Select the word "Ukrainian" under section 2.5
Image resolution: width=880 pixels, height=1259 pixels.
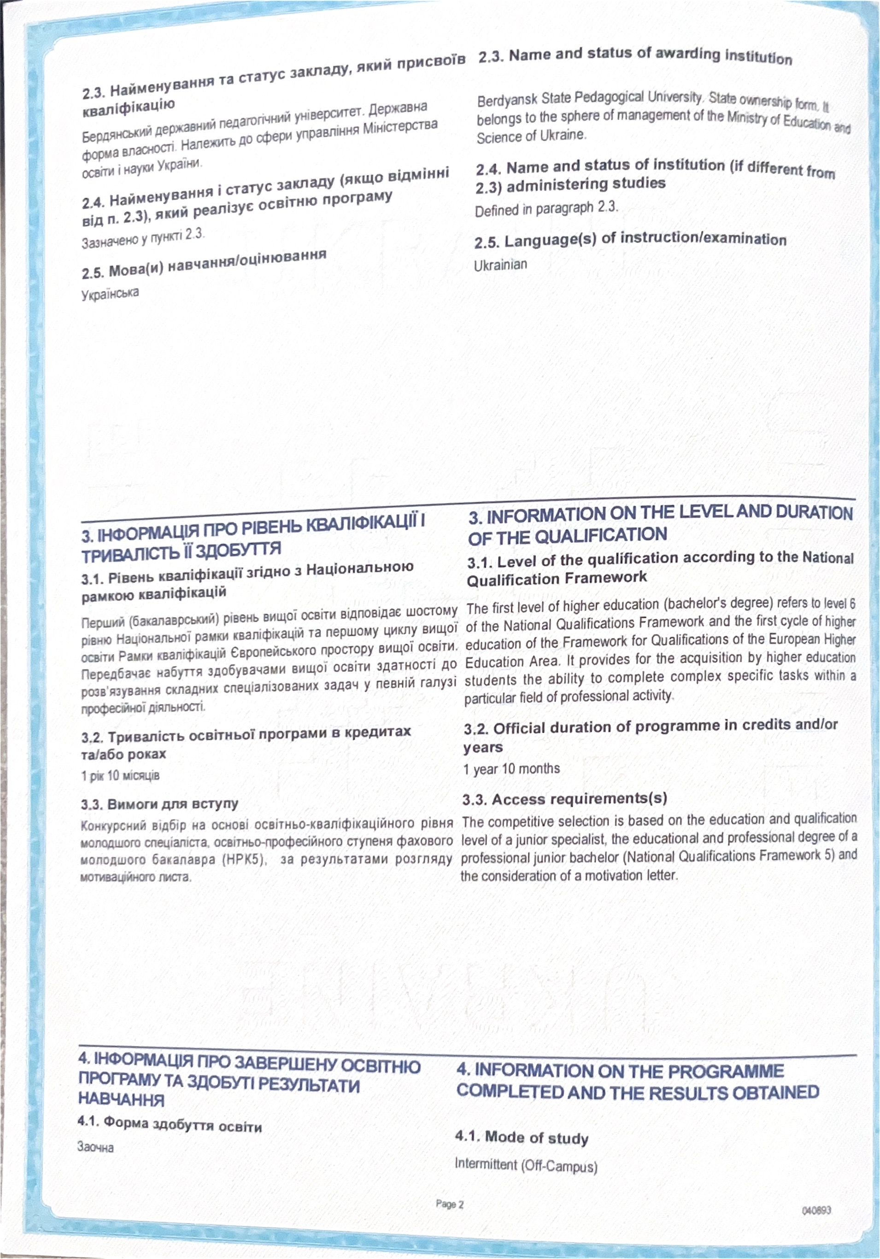click(x=500, y=265)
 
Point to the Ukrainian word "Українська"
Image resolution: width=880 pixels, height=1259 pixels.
click(x=110, y=294)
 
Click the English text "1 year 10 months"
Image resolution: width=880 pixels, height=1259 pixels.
click(x=511, y=769)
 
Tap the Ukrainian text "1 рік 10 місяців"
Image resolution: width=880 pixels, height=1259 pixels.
click(x=120, y=775)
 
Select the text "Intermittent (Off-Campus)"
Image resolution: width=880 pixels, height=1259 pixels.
click(x=526, y=1165)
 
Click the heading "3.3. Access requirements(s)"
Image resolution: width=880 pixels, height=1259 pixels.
click(x=564, y=799)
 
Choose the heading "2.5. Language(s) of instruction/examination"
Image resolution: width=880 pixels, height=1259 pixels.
click(x=630, y=239)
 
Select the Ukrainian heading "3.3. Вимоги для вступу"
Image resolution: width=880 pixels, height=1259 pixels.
click(x=160, y=804)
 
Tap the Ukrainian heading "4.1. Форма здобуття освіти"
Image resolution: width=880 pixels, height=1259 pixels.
click(x=170, y=1126)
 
